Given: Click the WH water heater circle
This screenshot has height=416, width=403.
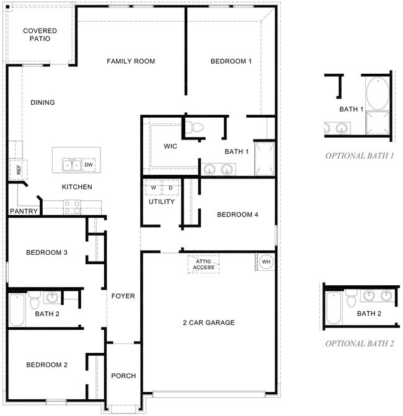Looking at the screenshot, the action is [266, 262].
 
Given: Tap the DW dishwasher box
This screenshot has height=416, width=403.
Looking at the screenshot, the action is [89, 165].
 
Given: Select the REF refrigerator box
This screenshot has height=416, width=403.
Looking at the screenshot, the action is [19, 169].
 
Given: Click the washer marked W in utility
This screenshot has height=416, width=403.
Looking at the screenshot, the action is [153, 188].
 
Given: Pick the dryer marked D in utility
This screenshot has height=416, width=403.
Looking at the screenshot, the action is [170, 188].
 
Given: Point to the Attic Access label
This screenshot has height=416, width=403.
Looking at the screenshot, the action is [203, 264].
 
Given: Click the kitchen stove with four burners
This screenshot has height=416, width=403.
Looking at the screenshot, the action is [72, 207].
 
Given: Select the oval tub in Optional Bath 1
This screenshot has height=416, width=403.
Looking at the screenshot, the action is [378, 93].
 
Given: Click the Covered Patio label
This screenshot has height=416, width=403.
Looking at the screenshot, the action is [40, 35].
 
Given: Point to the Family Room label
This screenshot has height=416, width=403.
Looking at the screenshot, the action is [131, 61].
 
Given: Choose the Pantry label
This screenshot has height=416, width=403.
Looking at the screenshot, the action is [24, 211].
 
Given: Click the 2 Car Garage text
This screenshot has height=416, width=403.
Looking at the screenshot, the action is [209, 322].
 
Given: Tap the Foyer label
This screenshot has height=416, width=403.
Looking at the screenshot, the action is [123, 296].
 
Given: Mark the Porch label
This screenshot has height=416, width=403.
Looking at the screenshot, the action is [123, 376].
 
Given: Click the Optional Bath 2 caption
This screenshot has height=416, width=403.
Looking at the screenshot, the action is [360, 343].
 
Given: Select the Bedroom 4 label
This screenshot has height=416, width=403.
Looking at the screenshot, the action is [237, 215].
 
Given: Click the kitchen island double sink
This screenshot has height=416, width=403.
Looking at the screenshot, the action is [72, 165].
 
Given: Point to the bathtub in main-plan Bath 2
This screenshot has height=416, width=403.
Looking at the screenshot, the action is [17, 309].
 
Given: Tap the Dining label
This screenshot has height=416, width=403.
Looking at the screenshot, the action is [43, 102].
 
